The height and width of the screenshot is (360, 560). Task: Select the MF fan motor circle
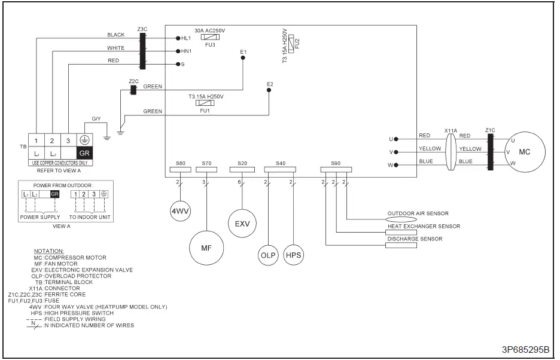(x=205, y=248)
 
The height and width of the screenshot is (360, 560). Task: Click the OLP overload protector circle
(x=269, y=255)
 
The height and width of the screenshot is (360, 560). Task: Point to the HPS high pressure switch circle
(x=293, y=255)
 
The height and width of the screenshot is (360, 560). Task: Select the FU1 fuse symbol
(x=205, y=103)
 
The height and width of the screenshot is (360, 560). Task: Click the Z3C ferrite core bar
(x=142, y=50)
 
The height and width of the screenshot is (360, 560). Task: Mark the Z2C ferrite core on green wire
(x=133, y=89)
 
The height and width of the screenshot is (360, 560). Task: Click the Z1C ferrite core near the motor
(x=491, y=152)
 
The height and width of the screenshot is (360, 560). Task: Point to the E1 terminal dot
(x=243, y=59)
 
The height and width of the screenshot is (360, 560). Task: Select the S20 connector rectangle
(x=242, y=170)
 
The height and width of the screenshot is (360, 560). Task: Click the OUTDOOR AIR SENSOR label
(x=418, y=213)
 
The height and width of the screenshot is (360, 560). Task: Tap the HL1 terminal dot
(x=178, y=38)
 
